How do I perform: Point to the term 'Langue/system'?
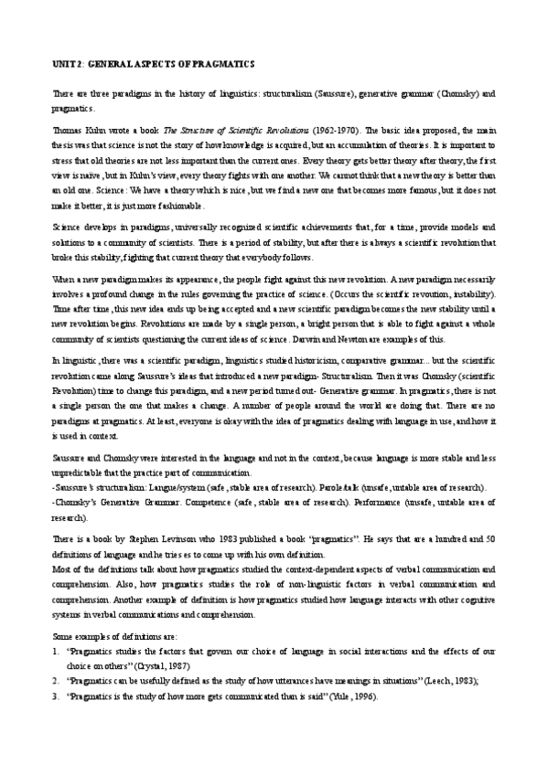[175, 485]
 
